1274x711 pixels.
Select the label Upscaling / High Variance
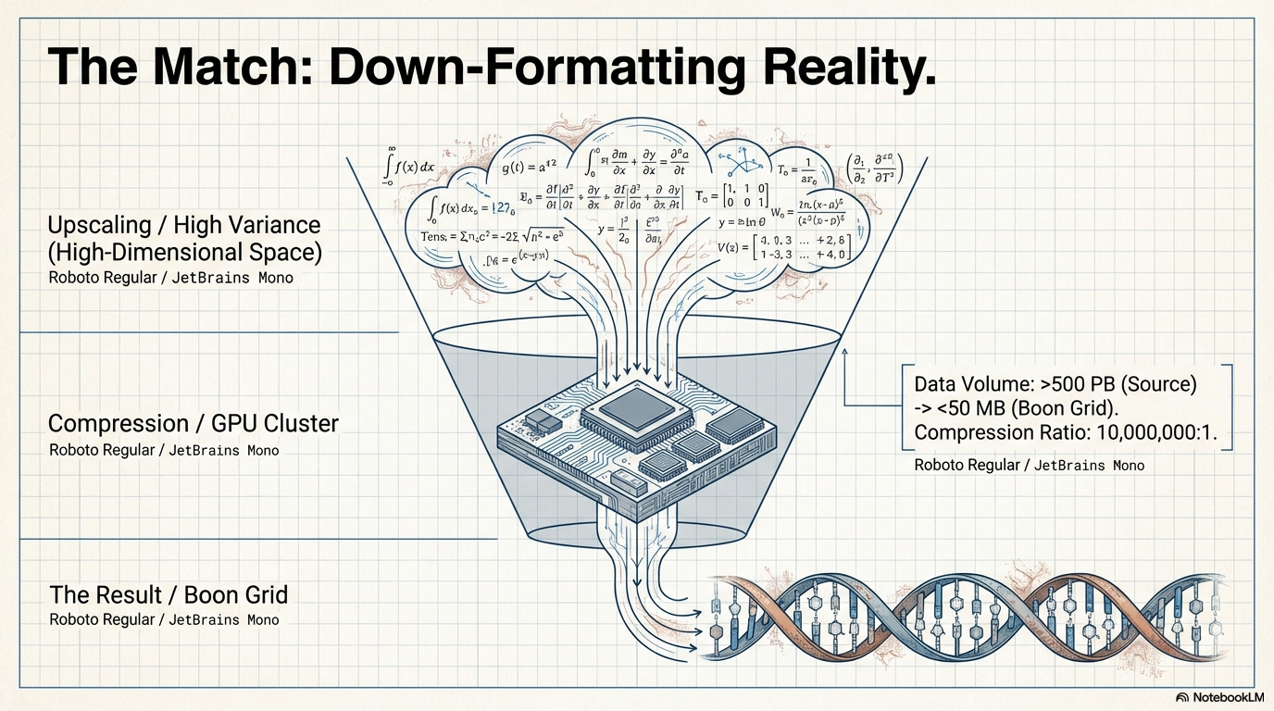tap(184, 225)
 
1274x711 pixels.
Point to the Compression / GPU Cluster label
tap(194, 424)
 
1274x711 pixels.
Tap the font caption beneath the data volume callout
tap(1029, 465)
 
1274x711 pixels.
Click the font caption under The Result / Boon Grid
tap(164, 619)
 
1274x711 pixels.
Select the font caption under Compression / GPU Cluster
tap(164, 450)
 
